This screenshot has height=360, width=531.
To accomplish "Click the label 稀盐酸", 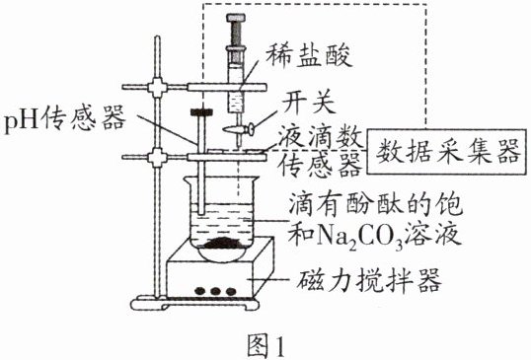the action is click(x=309, y=56).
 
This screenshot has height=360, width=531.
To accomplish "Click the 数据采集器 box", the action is click(x=447, y=152).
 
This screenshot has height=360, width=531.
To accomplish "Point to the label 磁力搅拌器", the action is click(x=370, y=280).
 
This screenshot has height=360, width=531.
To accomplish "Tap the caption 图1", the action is click(x=266, y=346).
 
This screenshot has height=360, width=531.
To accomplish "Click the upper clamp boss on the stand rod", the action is click(x=158, y=88).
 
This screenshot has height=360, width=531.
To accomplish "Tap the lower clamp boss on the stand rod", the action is click(x=158, y=157).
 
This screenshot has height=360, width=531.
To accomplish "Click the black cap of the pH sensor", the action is click(x=200, y=112).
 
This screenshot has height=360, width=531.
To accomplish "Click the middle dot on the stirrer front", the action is click(x=215, y=291).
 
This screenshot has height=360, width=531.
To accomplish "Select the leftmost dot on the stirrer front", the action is click(x=200, y=291).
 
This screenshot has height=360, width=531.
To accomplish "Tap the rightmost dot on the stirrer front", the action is click(x=231, y=291).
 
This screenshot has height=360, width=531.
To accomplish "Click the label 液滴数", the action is click(x=321, y=139).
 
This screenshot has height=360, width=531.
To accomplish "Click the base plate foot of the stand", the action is click(x=195, y=304).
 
